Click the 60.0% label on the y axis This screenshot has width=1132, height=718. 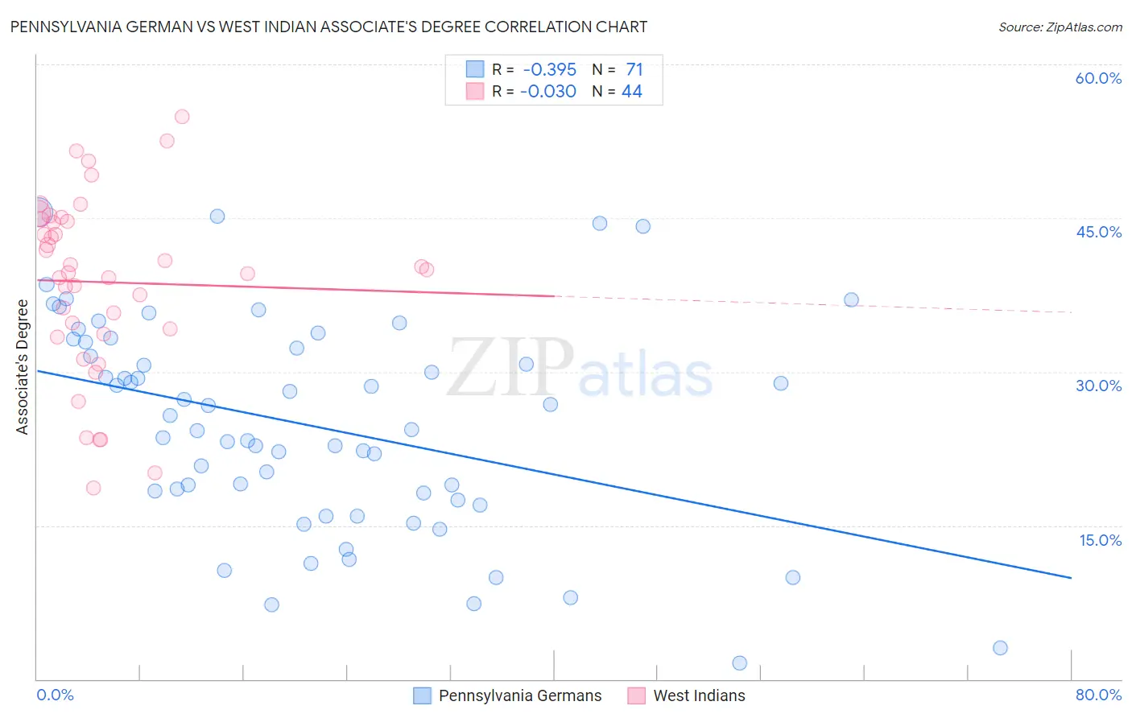click(x=1098, y=78)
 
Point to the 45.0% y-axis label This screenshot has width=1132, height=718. click(x=1098, y=232)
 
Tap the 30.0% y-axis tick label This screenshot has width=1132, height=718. click(x=1098, y=386)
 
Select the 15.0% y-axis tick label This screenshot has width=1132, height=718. click(x=1100, y=540)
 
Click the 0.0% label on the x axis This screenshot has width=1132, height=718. click(x=55, y=695)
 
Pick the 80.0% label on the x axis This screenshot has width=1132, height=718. click(x=1098, y=695)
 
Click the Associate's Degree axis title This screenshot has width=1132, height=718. click(x=23, y=367)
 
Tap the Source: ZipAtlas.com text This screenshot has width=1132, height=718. click(x=1060, y=27)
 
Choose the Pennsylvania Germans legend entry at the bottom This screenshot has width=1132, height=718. click(x=519, y=695)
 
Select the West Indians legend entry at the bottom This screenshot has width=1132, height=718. click(x=699, y=695)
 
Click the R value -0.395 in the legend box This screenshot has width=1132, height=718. click(x=549, y=70)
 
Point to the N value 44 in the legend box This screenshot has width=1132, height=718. click(x=632, y=92)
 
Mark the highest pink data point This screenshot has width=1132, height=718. click(x=182, y=117)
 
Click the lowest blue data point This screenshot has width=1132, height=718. click(x=739, y=663)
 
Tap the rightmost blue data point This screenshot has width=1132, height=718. click(x=1000, y=648)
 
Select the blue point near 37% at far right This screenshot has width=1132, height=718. click(x=851, y=300)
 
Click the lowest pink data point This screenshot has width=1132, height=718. click(x=93, y=488)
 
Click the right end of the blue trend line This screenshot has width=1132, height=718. click(x=1071, y=578)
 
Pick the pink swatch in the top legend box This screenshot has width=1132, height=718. click(x=475, y=92)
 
